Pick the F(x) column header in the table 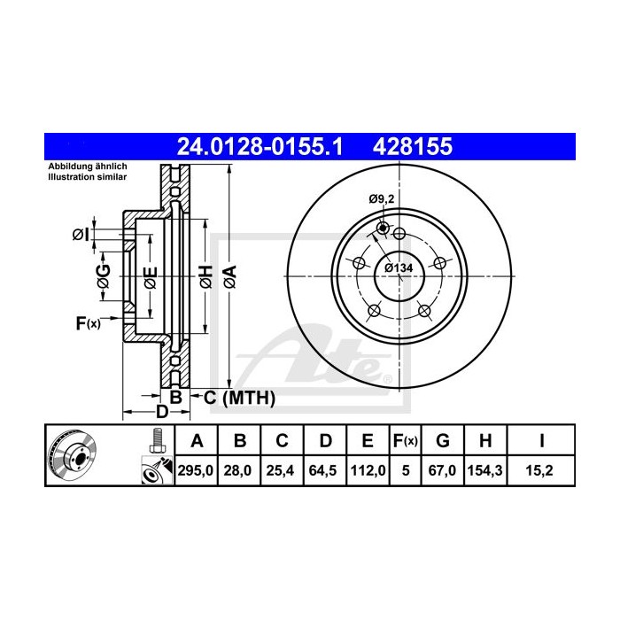[404, 440]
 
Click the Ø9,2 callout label [380, 199]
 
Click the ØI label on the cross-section [80, 234]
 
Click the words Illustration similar [86, 177]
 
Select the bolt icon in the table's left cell [156, 439]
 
